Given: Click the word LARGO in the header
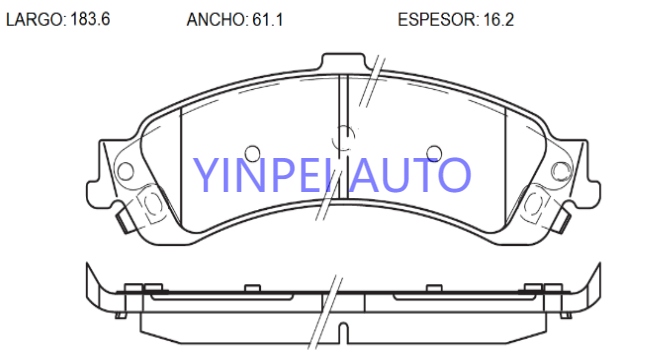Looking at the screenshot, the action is click(36, 20).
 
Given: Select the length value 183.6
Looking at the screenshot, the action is click(90, 20).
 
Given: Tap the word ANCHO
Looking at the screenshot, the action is click(217, 20).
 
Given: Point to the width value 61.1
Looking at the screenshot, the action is click(267, 20).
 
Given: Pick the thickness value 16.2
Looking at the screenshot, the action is click(498, 20).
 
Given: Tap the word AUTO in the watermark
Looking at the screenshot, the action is click(411, 175).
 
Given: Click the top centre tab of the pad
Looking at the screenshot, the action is click(343, 60).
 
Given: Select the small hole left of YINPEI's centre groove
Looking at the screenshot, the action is click(253, 153).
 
